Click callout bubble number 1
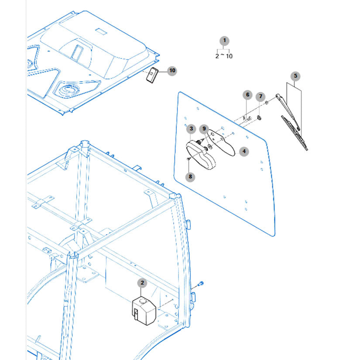(224, 41)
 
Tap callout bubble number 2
(142, 283)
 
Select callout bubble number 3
(191, 129)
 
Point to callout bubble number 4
(244, 151)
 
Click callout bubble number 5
(295, 76)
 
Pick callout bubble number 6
(247, 95)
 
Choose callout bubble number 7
(261, 96)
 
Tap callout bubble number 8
(190, 177)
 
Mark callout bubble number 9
(204, 129)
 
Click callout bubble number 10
(172, 71)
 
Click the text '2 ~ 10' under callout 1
(224, 56)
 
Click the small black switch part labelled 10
(152, 75)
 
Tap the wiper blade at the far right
(295, 133)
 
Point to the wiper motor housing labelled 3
(201, 155)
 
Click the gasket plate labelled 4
(222, 142)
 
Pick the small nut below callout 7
(259, 118)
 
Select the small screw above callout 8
(188, 159)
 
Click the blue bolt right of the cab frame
(200, 284)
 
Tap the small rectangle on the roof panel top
(101, 31)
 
